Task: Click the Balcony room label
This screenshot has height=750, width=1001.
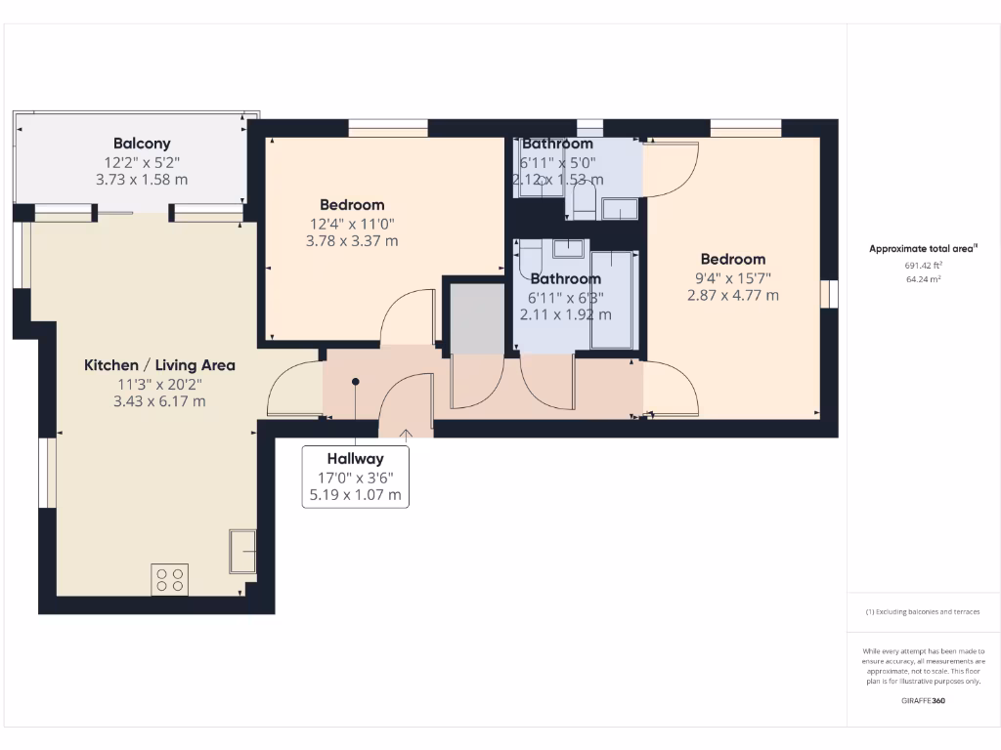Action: [142, 144]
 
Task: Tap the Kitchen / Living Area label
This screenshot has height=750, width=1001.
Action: [159, 365]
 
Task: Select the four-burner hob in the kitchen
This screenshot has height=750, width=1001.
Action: [170, 579]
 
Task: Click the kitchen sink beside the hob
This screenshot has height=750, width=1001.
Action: [242, 552]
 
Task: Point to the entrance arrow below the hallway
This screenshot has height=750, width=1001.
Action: [407, 433]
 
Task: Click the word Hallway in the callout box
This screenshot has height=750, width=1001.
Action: [355, 458]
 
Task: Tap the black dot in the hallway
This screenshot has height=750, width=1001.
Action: [356, 382]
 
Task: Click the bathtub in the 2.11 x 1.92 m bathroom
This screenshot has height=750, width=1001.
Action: [613, 298]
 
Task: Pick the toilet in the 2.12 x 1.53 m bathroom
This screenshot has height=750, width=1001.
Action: [584, 202]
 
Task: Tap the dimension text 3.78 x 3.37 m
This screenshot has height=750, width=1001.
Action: [352, 241]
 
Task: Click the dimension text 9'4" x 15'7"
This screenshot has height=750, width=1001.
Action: [732, 277]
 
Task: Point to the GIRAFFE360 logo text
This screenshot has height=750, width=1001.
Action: [924, 700]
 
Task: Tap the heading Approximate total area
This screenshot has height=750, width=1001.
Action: [923, 249]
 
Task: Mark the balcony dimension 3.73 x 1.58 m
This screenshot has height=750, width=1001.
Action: [142, 180]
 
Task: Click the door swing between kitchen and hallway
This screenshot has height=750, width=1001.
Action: [294, 389]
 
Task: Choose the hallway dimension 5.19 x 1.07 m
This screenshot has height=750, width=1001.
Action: [355, 495]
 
